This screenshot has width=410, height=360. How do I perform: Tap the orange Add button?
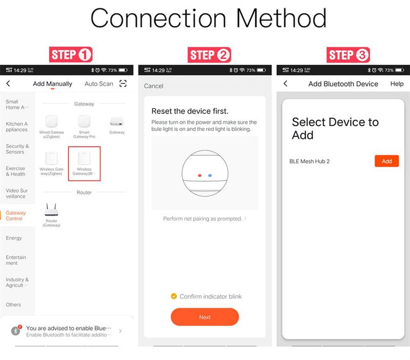pyautogui.click(x=386, y=161)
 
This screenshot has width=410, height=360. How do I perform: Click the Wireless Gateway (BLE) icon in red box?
pyautogui.click(x=84, y=158)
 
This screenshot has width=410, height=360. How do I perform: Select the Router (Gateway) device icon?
pyautogui.click(x=51, y=210)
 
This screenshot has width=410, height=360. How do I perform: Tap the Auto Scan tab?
pyautogui.click(x=99, y=84)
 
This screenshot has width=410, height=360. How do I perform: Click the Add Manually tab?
pyautogui.click(x=52, y=84)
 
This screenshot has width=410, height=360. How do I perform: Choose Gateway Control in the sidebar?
pyautogui.click(x=15, y=216)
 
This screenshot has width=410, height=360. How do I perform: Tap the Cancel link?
pyautogui.click(x=154, y=86)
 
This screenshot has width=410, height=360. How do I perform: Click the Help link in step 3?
pyautogui.click(x=397, y=84)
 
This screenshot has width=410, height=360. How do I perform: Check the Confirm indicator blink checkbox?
pyautogui.click(x=174, y=296)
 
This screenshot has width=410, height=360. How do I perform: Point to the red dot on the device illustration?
pyautogui.click(x=199, y=175)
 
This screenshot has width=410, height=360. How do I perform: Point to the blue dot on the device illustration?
pyautogui.click(x=210, y=175)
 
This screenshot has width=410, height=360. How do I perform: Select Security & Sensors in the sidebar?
pyautogui.click(x=17, y=149)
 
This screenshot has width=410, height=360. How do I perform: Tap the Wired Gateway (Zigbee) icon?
pyautogui.click(x=51, y=122)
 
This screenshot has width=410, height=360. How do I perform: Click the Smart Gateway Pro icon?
pyautogui.click(x=84, y=122)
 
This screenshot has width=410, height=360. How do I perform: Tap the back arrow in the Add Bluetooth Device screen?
pyautogui.click(x=285, y=84)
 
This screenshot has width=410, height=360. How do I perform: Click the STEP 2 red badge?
pyautogui.click(x=210, y=55)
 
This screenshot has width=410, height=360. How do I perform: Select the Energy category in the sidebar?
pyautogui.click(x=14, y=238)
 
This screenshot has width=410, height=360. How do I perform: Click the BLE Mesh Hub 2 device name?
pyautogui.click(x=310, y=162)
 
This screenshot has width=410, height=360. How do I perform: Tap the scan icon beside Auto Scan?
pyautogui.click(x=123, y=84)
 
